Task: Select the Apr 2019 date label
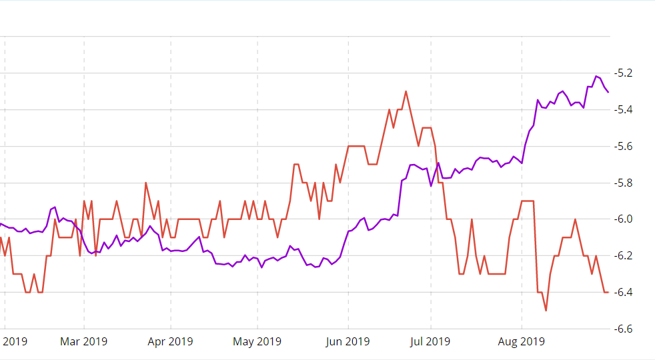[170, 342]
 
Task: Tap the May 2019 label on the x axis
[258, 342]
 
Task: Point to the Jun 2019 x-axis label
[348, 342]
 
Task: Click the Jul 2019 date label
[430, 342]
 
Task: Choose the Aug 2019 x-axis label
[522, 342]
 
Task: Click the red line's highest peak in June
[406, 91]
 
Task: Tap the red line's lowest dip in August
[546, 311]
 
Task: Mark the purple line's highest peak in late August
[596, 77]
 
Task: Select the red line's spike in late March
[145, 183]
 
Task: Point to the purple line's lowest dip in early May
[261, 267]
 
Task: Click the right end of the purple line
[608, 92]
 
